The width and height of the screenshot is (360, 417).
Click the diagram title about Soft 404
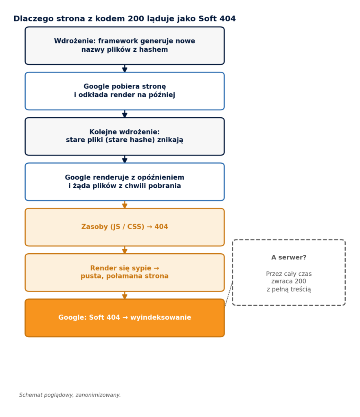click(125, 19)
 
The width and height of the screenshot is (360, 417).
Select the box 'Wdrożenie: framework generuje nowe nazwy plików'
click(125, 46)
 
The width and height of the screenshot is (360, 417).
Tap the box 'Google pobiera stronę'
click(125, 91)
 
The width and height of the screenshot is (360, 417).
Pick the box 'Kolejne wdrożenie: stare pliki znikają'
click(125, 136)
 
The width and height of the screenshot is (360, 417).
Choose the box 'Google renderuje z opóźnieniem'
click(125, 182)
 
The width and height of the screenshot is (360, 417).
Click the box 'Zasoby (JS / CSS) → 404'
click(125, 227)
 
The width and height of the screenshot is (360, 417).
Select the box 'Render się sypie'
click(125, 272)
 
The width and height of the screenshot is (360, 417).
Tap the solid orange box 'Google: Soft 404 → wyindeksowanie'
click(125, 318)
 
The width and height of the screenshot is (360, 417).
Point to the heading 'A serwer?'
click(289, 257)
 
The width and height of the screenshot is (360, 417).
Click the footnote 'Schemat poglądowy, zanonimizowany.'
click(70, 395)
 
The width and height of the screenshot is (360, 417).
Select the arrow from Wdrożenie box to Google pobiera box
click(125, 68)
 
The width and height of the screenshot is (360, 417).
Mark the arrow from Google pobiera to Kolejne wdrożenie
click(125, 114)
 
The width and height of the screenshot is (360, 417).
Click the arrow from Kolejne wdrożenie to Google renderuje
click(125, 159)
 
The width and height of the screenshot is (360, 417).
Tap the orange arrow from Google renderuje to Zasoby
click(125, 204)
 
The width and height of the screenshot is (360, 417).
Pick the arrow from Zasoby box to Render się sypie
click(125, 250)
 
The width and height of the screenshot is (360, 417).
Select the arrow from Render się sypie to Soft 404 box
click(125, 296)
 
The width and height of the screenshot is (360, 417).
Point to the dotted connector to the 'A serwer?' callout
click(228, 294)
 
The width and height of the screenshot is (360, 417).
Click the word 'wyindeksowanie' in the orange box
click(160, 318)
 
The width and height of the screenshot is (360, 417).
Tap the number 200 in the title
click(136, 19)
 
